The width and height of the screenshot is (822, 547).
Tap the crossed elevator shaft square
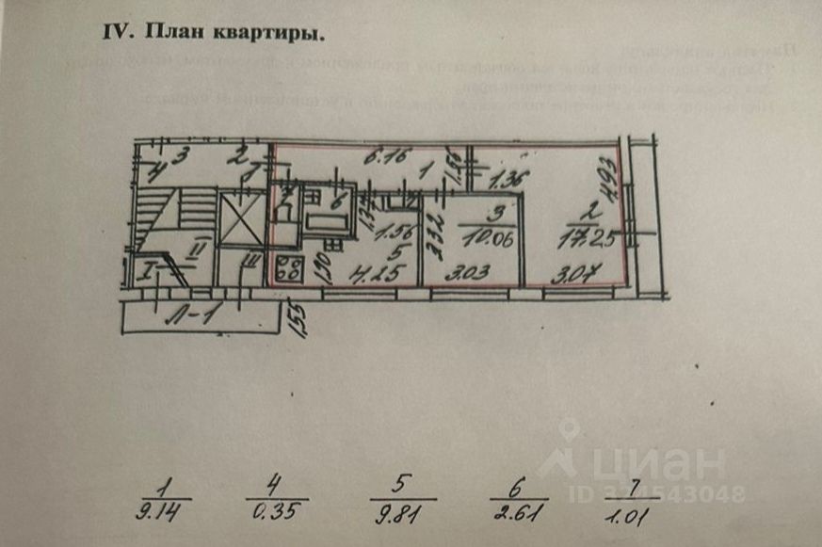coord(238,222)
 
